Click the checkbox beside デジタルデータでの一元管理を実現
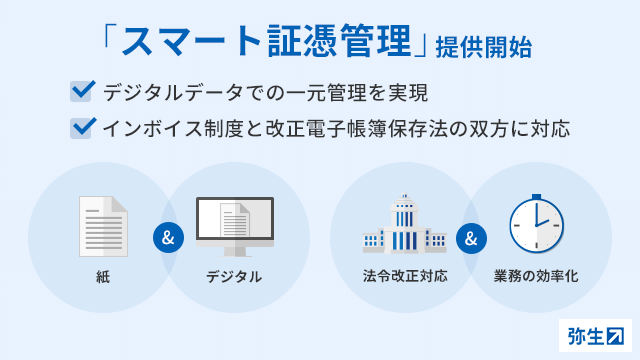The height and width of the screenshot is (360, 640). (x=82, y=93)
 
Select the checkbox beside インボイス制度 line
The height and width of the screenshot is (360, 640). (x=82, y=128)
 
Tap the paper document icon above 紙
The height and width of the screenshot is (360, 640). (x=103, y=226)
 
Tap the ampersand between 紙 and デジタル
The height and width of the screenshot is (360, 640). (x=167, y=239)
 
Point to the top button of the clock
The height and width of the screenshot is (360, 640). (x=536, y=196)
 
